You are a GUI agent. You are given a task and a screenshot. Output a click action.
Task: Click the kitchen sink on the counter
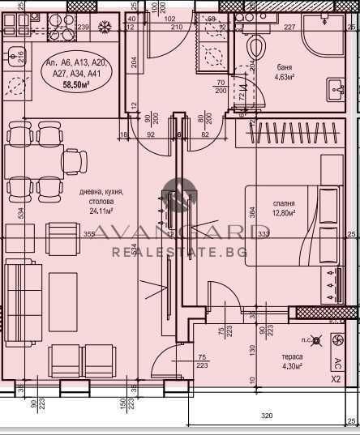tap(15, 57)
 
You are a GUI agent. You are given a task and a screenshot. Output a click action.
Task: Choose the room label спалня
tap(283, 203)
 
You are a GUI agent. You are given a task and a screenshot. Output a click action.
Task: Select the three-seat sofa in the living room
tap(23, 289)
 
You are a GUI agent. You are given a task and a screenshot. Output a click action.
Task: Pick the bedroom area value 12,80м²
tap(283, 213)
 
